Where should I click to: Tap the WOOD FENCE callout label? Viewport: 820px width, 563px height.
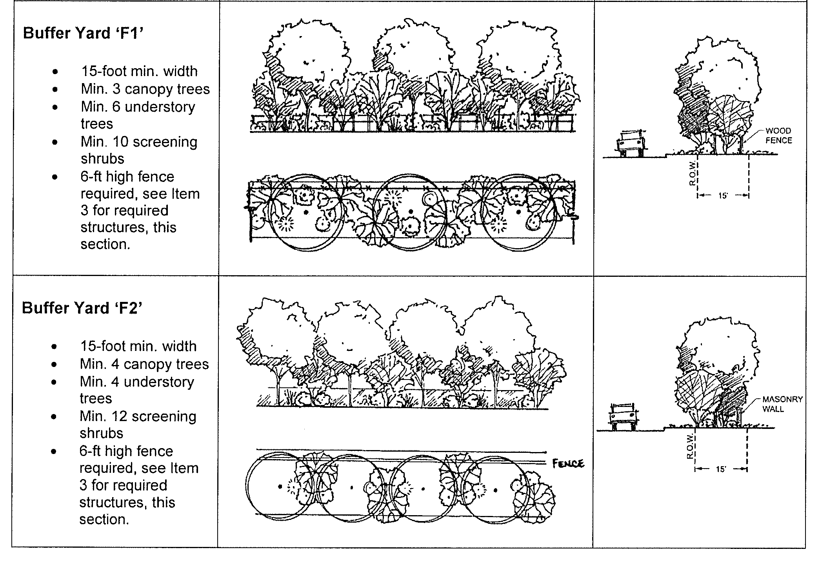point(778,136)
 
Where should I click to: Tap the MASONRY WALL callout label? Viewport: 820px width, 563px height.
point(782,404)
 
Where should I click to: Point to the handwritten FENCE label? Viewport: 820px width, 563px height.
point(568,464)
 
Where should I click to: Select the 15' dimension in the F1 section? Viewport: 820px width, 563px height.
point(723,195)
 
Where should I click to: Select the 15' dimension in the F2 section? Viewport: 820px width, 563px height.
point(721,469)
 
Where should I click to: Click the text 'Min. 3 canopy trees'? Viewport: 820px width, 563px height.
point(145,89)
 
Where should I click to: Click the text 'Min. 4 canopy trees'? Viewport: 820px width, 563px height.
point(144,364)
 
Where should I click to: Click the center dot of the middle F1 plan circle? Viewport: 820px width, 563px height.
point(411,212)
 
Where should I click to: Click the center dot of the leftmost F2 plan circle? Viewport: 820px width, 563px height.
point(280,487)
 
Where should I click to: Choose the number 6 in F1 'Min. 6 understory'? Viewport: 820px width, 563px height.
point(116,107)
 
